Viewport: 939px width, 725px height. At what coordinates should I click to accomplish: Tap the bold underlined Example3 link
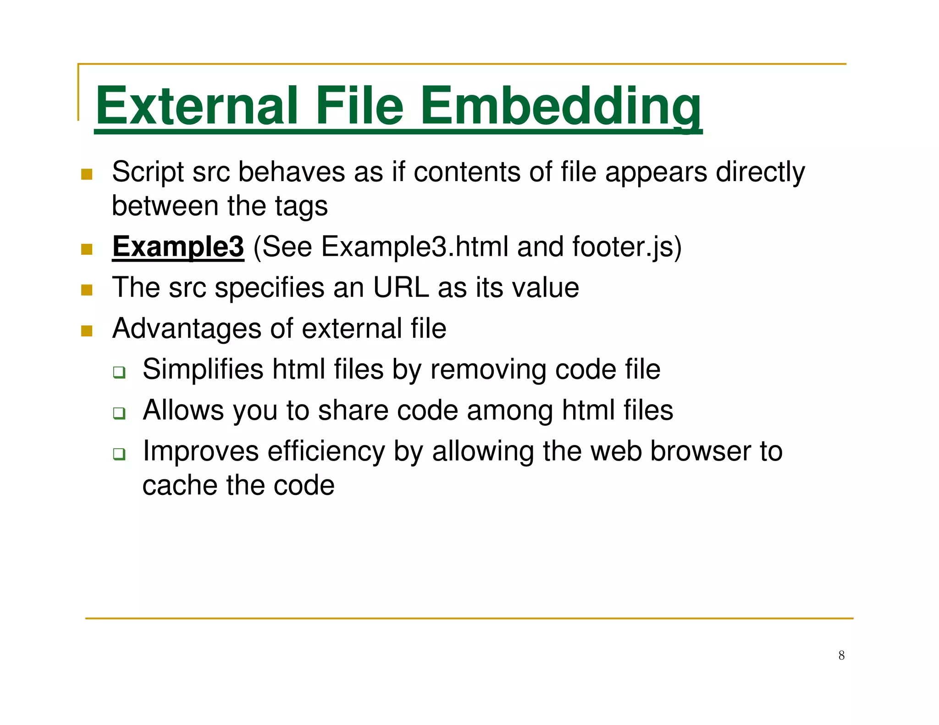(178, 247)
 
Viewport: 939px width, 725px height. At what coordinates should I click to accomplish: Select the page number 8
(841, 655)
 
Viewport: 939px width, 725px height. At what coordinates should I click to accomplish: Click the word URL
(401, 288)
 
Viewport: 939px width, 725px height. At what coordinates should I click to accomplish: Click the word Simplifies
(203, 369)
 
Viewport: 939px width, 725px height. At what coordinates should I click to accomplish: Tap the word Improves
(201, 451)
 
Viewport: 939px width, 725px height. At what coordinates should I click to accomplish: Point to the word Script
(148, 172)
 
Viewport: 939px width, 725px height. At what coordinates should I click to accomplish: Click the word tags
(301, 206)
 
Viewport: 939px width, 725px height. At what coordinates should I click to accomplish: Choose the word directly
(760, 172)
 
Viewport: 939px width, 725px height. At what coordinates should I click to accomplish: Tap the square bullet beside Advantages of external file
(87, 330)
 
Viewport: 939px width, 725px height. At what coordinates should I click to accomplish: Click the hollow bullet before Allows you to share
(119, 413)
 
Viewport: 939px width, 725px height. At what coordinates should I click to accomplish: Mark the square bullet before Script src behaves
(87, 174)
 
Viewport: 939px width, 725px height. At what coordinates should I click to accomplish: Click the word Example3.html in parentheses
(414, 247)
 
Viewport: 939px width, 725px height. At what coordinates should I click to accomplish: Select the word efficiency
(326, 451)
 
